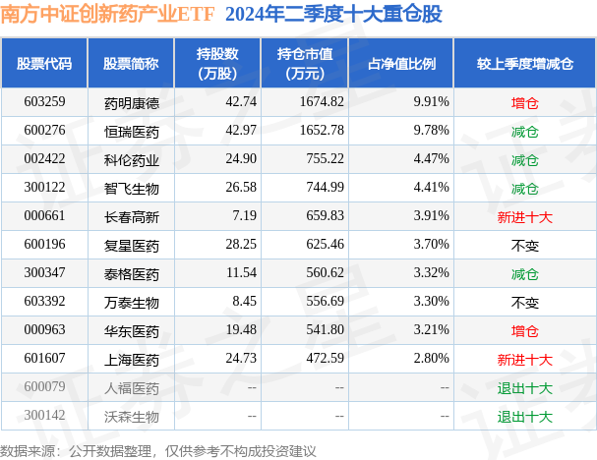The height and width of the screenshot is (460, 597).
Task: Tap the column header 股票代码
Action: [x=44, y=63]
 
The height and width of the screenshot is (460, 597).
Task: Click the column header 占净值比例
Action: [x=401, y=63]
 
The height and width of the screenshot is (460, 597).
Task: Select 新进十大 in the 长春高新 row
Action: [x=524, y=216]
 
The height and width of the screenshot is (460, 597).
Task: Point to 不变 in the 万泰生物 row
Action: [x=524, y=302]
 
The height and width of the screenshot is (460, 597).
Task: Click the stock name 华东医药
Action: [x=131, y=330]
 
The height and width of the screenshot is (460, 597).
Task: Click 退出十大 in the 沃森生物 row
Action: [x=524, y=416]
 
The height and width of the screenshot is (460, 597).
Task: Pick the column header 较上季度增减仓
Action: [x=524, y=63]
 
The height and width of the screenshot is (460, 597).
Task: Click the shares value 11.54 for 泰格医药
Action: [x=213, y=273]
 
